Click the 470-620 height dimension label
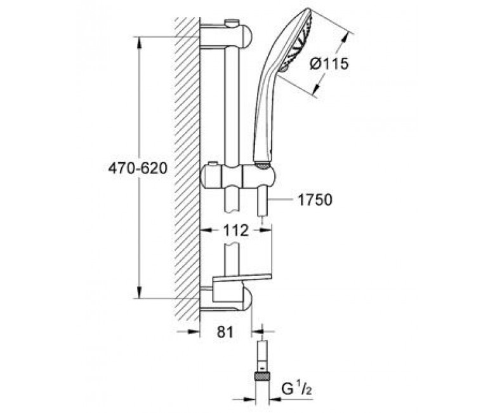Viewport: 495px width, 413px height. coord(138,168)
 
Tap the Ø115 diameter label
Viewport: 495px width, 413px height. coord(329,64)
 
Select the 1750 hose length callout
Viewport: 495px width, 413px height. coord(315,200)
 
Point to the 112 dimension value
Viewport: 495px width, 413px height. coord(236,231)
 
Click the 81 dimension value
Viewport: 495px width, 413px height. coord(225,332)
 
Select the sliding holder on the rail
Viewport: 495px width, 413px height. coord(238,175)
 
